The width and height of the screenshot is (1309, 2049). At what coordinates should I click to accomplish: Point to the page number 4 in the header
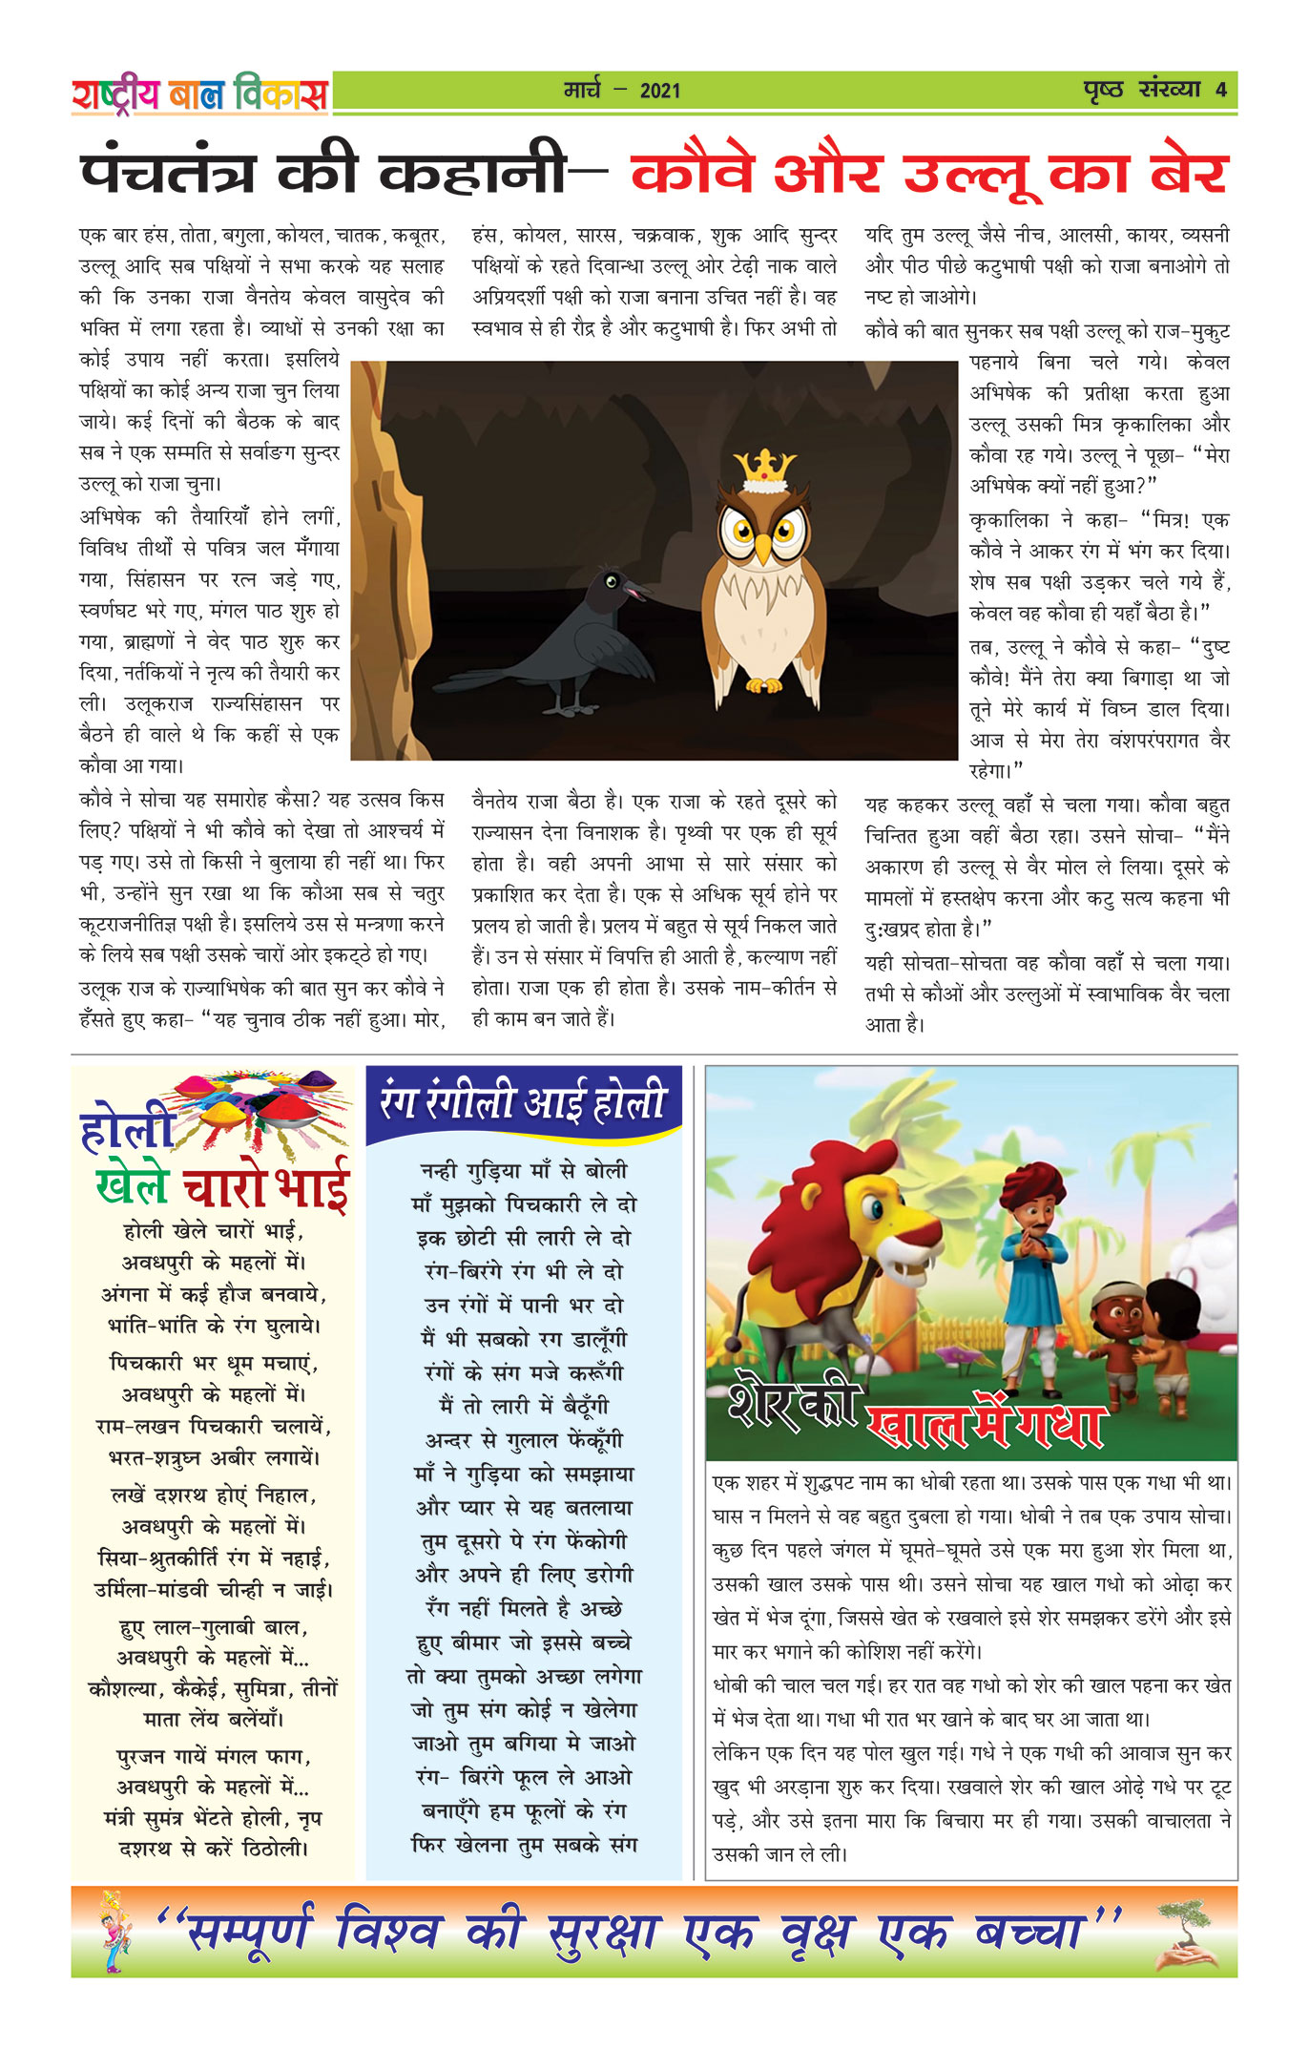1221,91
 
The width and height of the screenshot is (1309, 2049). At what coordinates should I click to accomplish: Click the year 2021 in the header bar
660,92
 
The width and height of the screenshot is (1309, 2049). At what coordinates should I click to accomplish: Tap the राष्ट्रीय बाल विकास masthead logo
199,94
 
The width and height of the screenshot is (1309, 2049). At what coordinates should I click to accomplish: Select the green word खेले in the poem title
133,1185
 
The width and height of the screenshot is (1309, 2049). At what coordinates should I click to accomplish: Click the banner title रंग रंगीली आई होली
523,1101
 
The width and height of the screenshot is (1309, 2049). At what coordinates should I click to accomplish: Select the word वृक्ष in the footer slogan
816,1934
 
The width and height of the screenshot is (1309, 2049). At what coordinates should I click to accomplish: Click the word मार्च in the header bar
582,91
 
